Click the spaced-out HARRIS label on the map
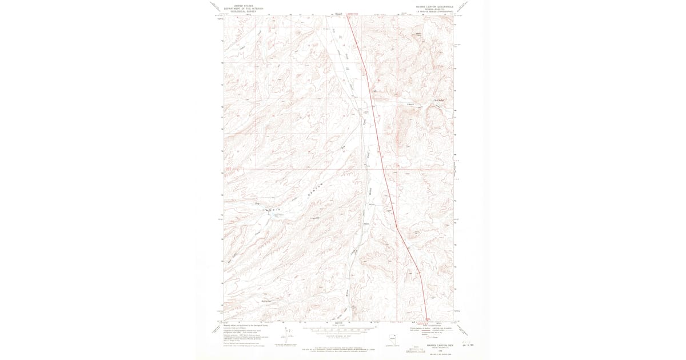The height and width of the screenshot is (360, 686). (x=272, y=211)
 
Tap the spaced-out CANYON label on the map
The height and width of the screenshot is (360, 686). (x=313, y=190)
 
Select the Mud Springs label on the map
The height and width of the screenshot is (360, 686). (x=266, y=301)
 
